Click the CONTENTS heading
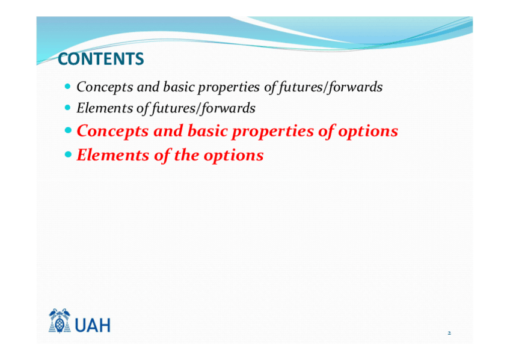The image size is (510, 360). (101, 59)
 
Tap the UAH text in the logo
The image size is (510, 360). (93, 325)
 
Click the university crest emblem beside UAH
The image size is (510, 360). (60, 321)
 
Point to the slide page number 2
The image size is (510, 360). (449, 333)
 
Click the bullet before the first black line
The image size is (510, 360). (67, 87)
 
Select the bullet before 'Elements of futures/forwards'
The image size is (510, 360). (67, 107)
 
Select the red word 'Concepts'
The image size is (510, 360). (112, 131)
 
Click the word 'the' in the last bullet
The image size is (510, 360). (186, 154)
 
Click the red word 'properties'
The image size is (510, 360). (272, 132)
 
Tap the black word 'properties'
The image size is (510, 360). (229, 87)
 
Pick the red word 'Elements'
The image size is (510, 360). (113, 155)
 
